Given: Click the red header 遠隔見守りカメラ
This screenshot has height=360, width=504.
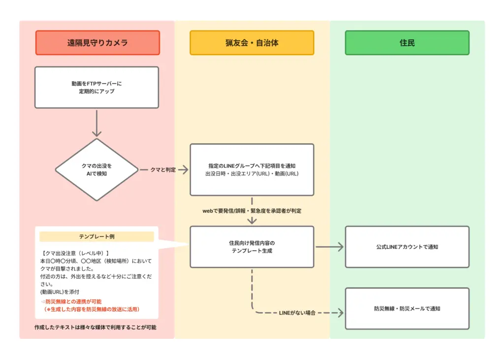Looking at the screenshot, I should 97,43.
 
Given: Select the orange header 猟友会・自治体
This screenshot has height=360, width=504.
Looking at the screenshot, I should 252,43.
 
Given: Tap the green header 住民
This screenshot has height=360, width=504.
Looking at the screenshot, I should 407,43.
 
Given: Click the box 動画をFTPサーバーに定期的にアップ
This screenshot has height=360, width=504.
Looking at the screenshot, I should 96,87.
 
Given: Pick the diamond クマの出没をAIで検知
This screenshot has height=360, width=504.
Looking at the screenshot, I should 96,170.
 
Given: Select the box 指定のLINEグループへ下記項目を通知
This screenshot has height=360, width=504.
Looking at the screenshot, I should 252,170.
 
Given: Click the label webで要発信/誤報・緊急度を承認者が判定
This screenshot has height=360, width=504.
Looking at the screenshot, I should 252,210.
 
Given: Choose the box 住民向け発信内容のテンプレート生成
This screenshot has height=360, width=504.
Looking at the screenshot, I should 252,247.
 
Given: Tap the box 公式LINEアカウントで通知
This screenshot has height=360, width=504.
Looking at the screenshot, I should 407,247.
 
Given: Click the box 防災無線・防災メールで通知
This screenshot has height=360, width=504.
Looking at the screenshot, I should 407,309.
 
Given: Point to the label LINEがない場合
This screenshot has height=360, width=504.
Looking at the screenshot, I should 297,313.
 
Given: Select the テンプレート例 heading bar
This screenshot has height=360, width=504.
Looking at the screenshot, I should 96,236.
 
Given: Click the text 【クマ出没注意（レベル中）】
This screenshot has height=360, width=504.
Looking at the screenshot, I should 74,253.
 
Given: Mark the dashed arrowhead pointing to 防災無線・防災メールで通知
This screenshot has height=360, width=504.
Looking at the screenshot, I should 340,313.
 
